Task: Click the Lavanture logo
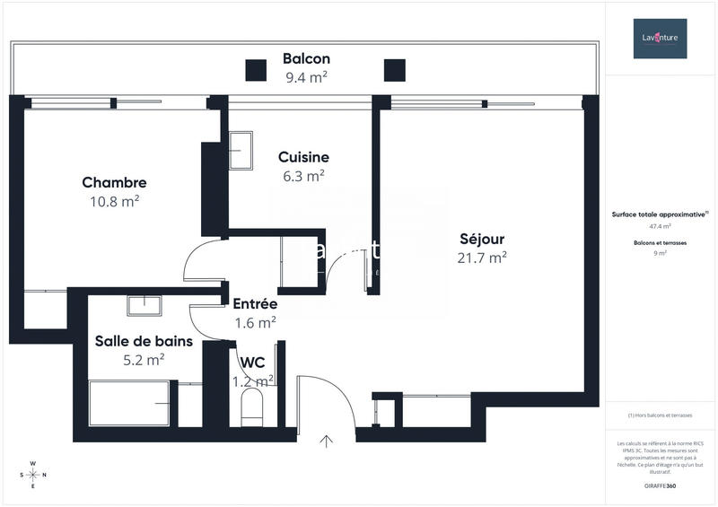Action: [660, 39]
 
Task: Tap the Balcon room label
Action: [306, 58]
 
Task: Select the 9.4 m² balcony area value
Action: [306, 77]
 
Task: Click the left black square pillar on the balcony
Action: [256, 70]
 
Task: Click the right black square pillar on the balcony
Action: [395, 70]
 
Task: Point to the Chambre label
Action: [114, 182]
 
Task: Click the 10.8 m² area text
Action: [114, 201]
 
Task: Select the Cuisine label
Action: [303, 157]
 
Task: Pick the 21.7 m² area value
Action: [482, 258]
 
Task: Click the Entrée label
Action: [255, 303]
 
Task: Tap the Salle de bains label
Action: [130, 341]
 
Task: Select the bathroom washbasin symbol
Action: [144, 305]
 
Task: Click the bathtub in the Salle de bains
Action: [129, 404]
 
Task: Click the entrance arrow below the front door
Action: [326, 441]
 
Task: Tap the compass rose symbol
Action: [33, 475]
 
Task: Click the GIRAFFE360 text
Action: [660, 485]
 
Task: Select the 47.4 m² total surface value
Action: [660, 227]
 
